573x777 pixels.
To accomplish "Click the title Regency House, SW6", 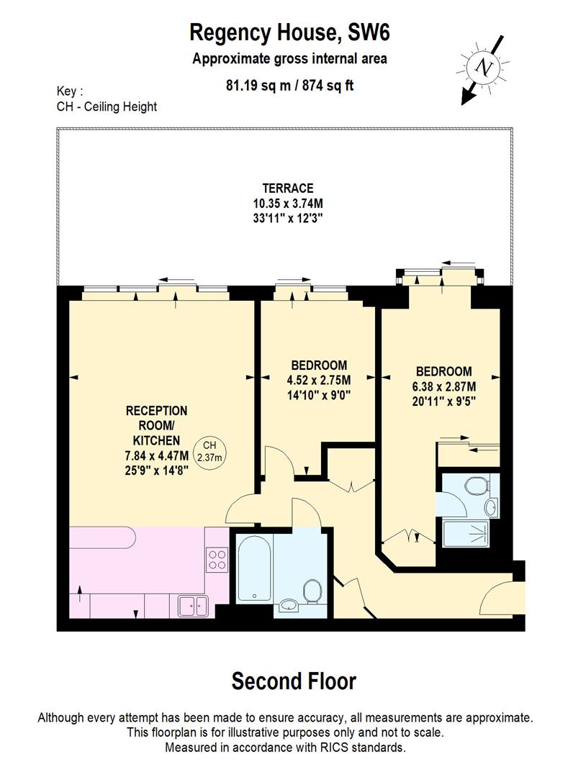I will (x=289, y=32).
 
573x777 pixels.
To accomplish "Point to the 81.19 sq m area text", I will (x=258, y=85).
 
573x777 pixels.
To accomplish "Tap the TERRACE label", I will (x=288, y=188).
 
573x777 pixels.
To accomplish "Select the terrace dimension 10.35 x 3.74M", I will (x=288, y=203).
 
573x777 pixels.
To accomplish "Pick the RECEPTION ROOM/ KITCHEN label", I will (x=156, y=425).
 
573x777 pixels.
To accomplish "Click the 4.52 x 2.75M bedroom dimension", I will (x=319, y=380).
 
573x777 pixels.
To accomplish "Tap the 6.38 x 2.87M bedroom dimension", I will (x=444, y=386).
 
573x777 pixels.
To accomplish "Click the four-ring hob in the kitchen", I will (x=217, y=559).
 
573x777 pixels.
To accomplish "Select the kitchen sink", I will (x=192, y=606).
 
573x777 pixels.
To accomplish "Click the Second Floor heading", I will (x=294, y=681).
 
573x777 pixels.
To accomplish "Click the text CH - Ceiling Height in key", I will (x=107, y=106).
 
